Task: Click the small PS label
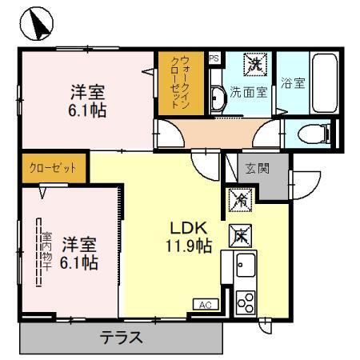click(x=214, y=58)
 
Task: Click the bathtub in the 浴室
click(x=325, y=84)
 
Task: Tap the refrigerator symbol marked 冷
click(x=239, y=200)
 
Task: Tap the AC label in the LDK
click(x=203, y=304)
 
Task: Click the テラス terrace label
click(x=122, y=337)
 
